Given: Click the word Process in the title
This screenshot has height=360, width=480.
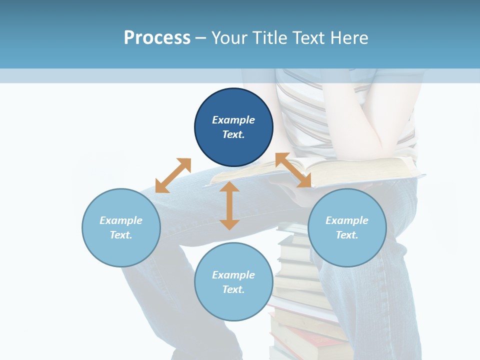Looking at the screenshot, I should [157, 38].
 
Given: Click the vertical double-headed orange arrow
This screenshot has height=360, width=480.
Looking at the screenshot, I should [229, 205].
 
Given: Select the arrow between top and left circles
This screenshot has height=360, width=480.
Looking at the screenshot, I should [173, 175].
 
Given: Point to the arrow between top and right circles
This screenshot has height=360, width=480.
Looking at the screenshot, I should [293, 170].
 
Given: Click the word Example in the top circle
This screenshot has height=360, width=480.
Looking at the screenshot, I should [233, 120].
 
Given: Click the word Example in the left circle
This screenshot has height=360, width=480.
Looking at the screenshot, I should [121, 220].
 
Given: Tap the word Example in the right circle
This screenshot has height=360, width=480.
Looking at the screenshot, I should [347, 220].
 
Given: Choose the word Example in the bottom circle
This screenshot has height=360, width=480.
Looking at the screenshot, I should [233, 275].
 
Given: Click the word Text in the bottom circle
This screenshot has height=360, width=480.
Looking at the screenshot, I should [233, 290].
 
